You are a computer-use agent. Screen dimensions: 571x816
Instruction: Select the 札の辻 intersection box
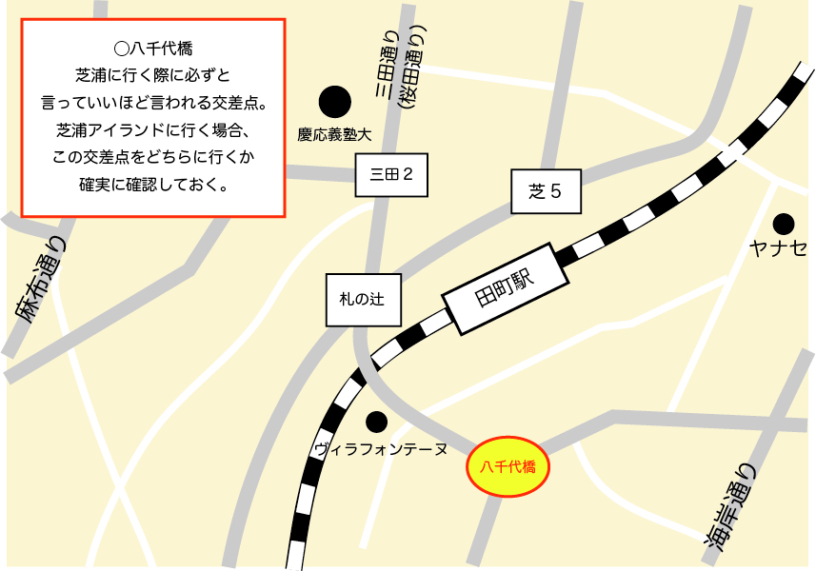365,299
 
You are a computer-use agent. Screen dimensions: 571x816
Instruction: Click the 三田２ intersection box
390,174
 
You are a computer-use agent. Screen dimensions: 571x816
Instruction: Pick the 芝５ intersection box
546,192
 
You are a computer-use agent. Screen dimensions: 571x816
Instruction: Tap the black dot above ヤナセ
784,225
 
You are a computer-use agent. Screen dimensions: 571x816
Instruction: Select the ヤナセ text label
777,249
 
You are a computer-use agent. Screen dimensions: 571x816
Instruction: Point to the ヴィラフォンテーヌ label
380,447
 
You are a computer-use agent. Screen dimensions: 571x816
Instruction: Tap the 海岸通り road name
731,505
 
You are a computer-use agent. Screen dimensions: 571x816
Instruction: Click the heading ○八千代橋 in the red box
153,47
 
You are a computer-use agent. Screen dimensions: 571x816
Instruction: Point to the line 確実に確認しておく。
153,184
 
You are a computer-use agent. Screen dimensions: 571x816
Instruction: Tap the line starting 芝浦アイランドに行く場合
153,129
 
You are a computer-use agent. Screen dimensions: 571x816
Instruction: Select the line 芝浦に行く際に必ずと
153,74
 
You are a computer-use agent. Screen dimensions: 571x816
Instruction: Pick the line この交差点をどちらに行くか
153,156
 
